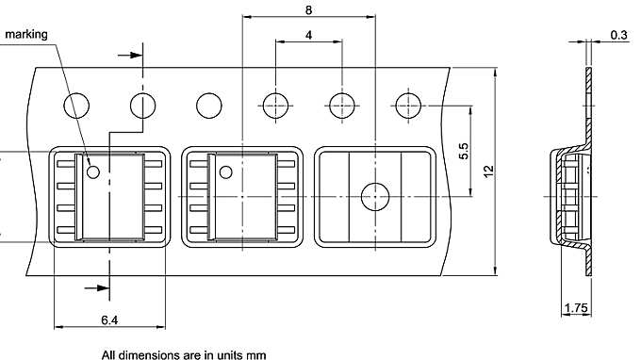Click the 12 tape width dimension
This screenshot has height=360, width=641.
coord(487,172)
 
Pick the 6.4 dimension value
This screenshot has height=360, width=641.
coord(110,320)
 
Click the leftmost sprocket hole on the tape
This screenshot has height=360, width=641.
coord(76,104)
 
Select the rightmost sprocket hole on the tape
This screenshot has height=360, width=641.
coord(407,104)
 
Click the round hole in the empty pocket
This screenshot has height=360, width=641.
coord(375,196)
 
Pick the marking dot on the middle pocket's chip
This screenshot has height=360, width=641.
coord(225,171)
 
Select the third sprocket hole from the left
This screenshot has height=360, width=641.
coord(208,104)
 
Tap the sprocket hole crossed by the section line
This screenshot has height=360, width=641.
coord(142,104)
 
